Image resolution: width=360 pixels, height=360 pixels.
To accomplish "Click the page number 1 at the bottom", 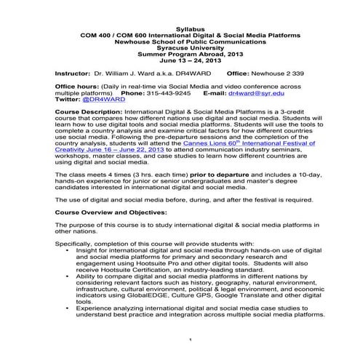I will (189, 340).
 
